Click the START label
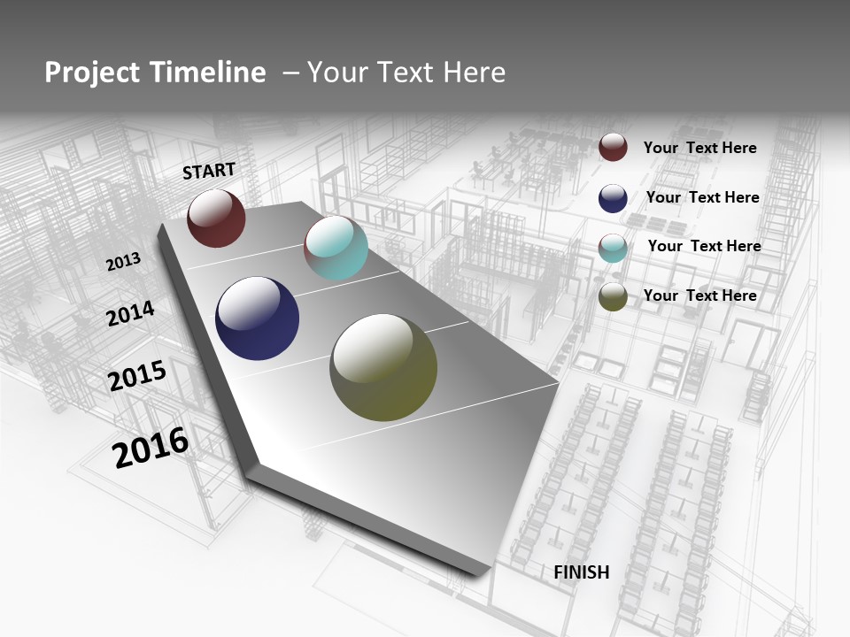[209, 171]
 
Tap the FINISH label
[582, 572]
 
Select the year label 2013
[124, 262]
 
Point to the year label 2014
[131, 314]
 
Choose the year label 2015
[137, 377]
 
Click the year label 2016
[151, 447]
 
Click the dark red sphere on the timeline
[216, 219]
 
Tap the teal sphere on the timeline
[336, 248]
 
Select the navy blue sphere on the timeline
[257, 318]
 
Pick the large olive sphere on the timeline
[383, 367]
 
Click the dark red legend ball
[613, 147]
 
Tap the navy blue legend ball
[613, 198]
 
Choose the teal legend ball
[613, 248]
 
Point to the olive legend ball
[613, 297]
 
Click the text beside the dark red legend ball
[699, 148]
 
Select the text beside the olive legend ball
[699, 295]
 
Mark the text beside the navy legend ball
[702, 197]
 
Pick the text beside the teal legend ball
[704, 246]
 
